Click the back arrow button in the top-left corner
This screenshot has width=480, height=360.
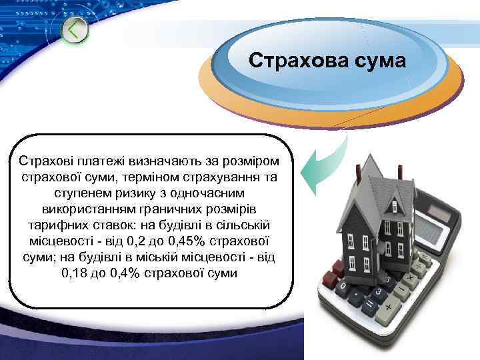(x=76, y=29)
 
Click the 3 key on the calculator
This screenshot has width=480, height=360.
(x=378, y=292)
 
